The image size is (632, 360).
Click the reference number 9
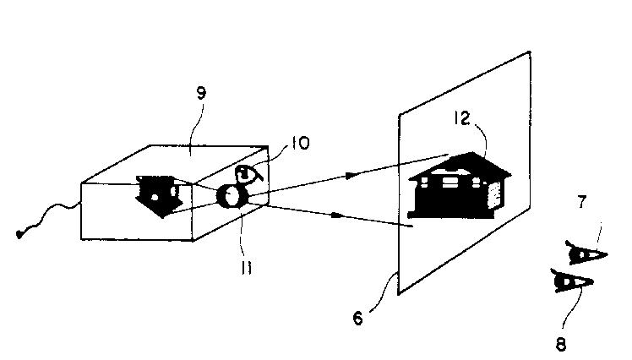(201, 94)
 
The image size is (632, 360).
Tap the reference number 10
(300, 143)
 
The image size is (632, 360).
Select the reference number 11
(247, 267)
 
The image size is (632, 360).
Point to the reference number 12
(461, 118)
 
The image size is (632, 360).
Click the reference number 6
(358, 319)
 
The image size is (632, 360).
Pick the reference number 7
(581, 202)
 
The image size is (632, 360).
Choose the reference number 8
(561, 345)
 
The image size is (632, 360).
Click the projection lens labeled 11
(232, 196)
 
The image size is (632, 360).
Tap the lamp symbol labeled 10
(247, 174)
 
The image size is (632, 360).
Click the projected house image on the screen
(460, 185)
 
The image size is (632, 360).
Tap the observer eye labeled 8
(571, 281)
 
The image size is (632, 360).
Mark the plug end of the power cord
(19, 234)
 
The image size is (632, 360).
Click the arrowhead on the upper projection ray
(351, 176)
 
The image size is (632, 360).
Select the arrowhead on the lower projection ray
(337, 215)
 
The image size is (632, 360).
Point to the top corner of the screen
(529, 52)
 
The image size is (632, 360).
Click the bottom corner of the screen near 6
(399, 294)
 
